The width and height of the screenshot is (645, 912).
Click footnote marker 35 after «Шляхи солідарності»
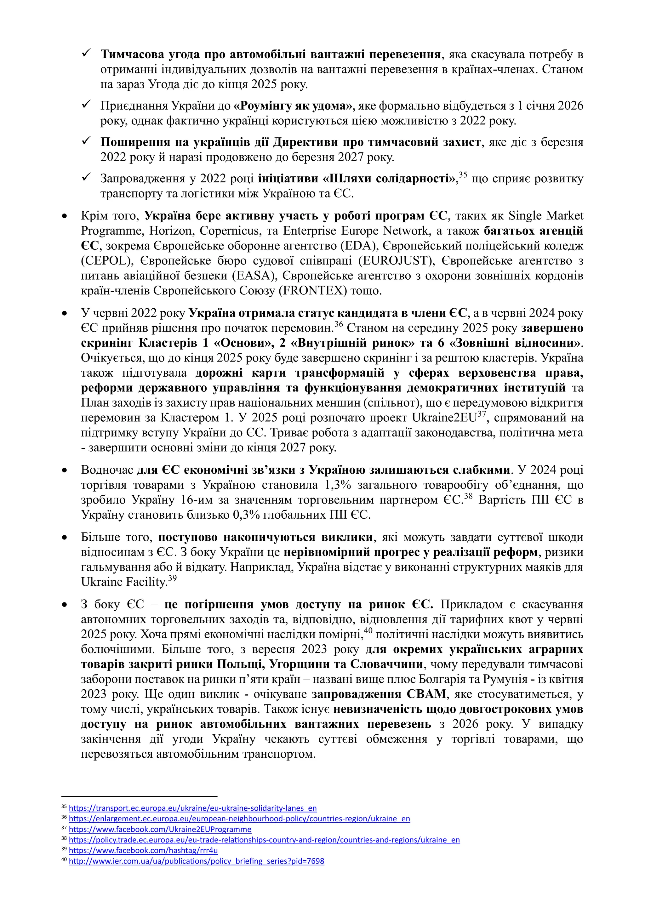coord(463,175)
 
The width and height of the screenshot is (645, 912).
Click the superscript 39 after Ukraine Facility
coord(172,578)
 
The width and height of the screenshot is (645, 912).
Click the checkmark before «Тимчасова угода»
coord(86,53)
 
